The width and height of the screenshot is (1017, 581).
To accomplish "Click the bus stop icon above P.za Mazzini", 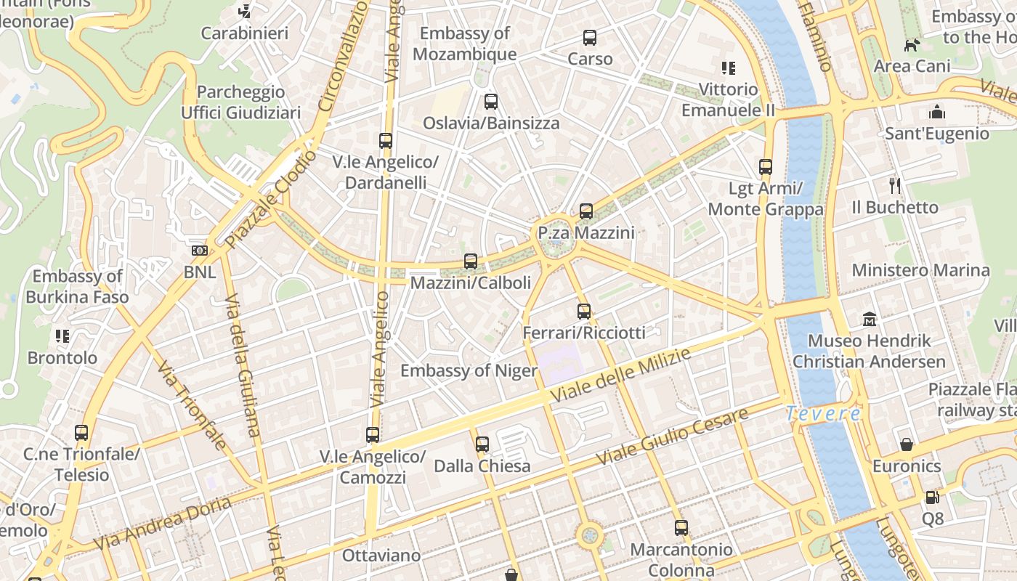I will pos(586,211).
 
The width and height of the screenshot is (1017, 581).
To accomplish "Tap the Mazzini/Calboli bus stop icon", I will pos(471,261).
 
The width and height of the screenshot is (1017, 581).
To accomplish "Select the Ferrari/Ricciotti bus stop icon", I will pos(584,312).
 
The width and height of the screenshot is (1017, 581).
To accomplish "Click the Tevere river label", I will pos(823,414).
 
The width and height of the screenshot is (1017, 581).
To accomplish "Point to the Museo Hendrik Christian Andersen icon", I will pos(869,319).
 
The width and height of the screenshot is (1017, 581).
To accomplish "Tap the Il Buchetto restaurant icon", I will pos(895,186).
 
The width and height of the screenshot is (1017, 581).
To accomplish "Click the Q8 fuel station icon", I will pos(932,497).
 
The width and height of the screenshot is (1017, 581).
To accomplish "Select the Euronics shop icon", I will pos(907,444).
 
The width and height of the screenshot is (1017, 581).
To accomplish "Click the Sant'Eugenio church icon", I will pos(937,113).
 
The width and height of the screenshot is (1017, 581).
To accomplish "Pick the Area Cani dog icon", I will pos(912,45).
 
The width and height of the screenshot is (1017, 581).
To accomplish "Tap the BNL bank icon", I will pos(199,251).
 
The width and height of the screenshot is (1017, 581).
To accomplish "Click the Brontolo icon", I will pos(62,336).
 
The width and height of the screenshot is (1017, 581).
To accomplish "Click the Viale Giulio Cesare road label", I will pos(672,437).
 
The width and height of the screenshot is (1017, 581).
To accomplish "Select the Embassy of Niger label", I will pos(469,371).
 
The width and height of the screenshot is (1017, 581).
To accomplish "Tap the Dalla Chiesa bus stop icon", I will pos(482,444).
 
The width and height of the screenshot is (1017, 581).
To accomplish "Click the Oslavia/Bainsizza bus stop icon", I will pos(491,102).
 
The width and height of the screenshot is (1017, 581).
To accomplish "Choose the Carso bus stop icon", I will pos(590,38).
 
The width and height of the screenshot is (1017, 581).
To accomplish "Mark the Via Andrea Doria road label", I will pos(163,522).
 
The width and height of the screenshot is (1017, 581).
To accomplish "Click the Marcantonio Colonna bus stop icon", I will pos(681,528).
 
